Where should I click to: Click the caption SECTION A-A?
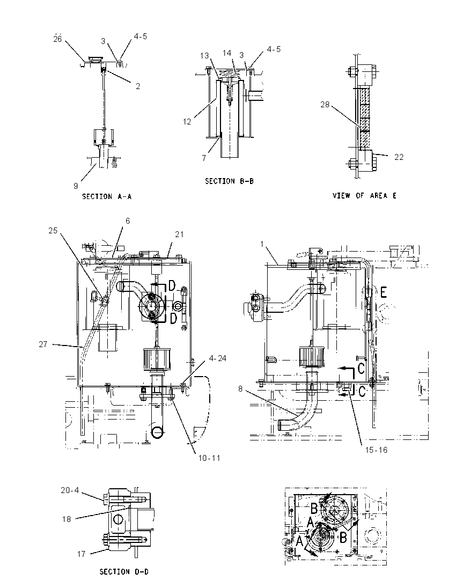[107, 196]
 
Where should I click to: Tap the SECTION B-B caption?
[229, 181]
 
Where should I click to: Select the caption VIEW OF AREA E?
[364, 195]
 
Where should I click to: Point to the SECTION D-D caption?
[124, 571]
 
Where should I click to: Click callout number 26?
[57, 39]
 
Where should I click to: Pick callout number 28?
[325, 104]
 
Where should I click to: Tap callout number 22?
[399, 157]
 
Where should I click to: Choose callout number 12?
[187, 121]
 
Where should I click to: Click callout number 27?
[43, 344]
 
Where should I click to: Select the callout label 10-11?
[209, 458]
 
